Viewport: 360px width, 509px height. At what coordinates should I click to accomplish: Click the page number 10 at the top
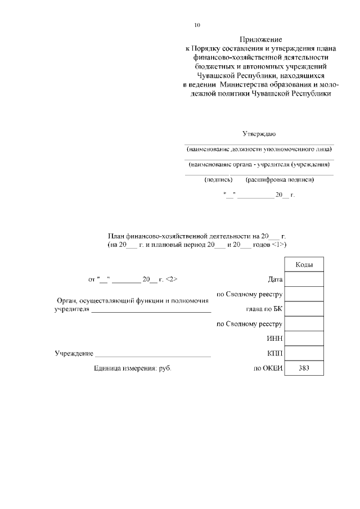coord(197,25)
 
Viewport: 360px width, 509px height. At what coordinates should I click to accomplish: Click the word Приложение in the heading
coord(260,40)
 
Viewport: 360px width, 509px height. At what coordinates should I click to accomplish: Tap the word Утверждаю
coord(259,134)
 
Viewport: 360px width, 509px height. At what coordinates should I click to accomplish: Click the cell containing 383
coord(304,368)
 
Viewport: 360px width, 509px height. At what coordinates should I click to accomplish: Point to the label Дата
coord(276,280)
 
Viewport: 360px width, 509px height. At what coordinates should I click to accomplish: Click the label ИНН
coord(274,339)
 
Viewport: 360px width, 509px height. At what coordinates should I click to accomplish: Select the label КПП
coord(274,354)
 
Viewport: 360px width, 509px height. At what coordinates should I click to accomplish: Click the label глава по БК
coord(264,309)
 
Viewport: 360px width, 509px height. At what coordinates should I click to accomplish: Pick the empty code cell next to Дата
coord(304,280)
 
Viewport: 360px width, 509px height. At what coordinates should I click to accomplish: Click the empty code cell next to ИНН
coord(304,339)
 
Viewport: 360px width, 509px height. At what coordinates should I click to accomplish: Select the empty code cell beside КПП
coord(304,354)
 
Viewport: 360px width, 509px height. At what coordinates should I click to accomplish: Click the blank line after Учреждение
coord(153,355)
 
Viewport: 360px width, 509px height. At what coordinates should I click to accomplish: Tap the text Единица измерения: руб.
coord(132,368)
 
